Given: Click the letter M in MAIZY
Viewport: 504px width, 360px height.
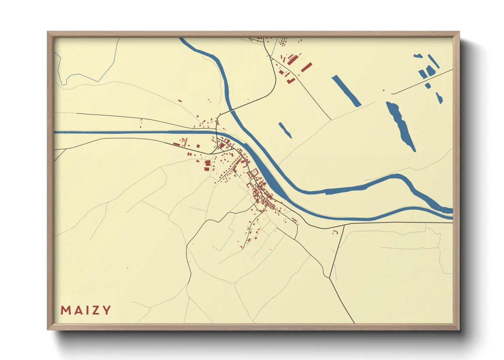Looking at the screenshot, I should (x=65, y=310).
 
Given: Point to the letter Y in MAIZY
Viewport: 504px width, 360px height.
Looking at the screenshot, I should (x=107, y=310).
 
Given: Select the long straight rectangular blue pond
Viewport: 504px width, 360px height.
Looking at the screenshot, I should (x=346, y=91).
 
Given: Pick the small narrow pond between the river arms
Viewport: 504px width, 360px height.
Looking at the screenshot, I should (x=285, y=130).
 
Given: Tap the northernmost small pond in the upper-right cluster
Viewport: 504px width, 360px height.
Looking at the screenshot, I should (x=418, y=56).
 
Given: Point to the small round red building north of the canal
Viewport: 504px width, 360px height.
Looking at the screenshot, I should (x=198, y=116).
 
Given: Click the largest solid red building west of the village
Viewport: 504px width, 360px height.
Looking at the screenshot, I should (x=207, y=164).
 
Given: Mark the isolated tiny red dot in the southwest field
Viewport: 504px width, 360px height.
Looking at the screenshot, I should (x=127, y=268).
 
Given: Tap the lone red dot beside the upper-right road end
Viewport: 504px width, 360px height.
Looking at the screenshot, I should (x=384, y=90).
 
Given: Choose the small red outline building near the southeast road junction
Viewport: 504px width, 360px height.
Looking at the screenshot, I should (x=335, y=232).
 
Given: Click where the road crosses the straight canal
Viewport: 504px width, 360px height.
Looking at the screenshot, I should (x=217, y=132).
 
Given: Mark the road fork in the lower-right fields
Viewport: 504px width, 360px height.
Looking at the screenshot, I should (x=329, y=278).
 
